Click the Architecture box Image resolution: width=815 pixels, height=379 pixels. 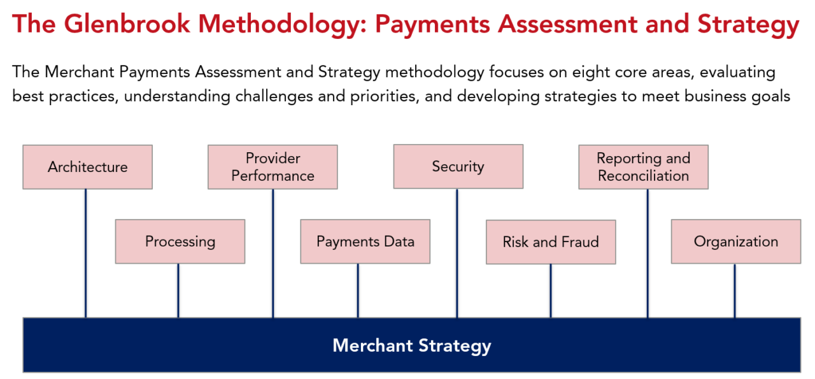[87, 167]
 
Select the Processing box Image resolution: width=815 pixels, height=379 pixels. [180, 241]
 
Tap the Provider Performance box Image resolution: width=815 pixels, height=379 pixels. [273, 167]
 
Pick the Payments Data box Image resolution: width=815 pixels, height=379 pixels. [365, 241]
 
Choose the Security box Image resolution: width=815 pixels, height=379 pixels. [458, 166]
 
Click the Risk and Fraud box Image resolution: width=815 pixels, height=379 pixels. [550, 242]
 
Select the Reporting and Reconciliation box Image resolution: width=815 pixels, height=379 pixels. [643, 167]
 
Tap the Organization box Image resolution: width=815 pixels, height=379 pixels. [735, 241]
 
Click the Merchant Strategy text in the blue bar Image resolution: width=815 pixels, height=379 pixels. [411, 346]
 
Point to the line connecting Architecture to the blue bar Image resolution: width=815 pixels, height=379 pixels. [85, 255]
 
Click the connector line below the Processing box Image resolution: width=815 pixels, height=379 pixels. [178, 290]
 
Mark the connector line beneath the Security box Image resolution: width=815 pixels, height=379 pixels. [457, 255]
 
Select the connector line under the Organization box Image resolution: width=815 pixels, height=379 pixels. [735, 290]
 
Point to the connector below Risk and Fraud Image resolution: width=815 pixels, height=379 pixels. [551, 290]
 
